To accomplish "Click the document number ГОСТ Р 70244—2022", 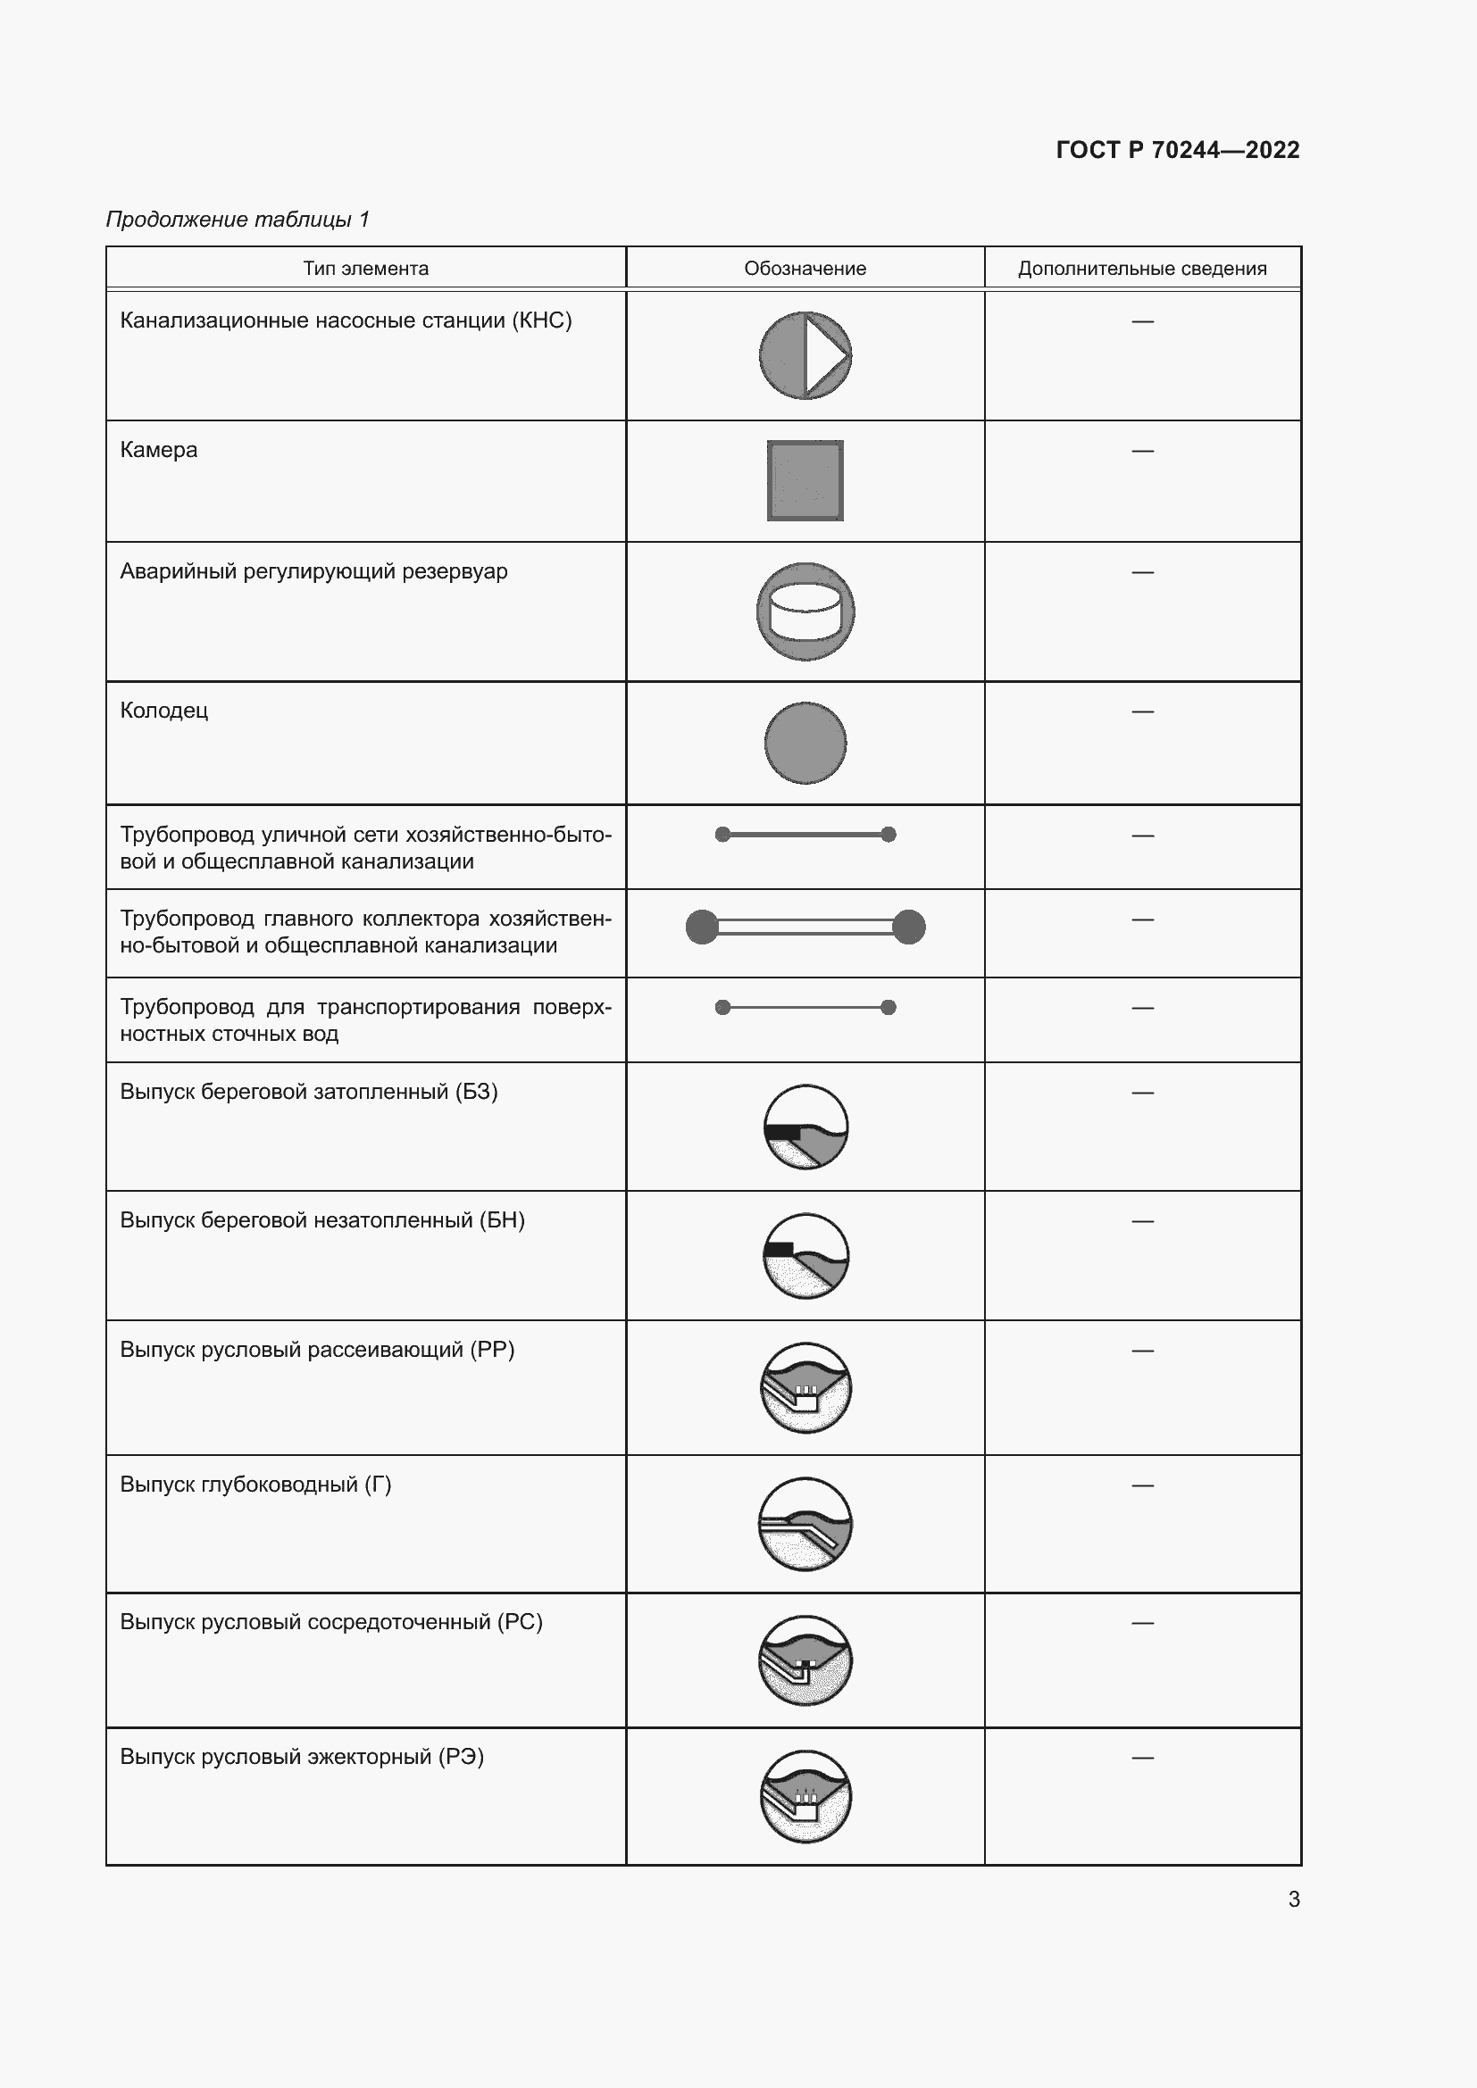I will tap(1177, 150).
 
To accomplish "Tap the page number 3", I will tap(1293, 1899).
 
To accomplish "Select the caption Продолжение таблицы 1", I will tap(238, 220).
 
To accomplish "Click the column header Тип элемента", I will tap(365, 269).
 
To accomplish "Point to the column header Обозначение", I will tap(805, 269).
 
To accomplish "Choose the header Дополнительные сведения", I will tap(1141, 269).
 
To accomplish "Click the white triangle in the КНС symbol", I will tap(823, 354).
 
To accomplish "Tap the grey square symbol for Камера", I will tap(805, 480).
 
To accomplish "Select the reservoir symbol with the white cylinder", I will tap(805, 611).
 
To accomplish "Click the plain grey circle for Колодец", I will tap(805, 743).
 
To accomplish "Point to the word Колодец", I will tap(163, 711).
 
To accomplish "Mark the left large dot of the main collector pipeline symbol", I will tap(701, 927).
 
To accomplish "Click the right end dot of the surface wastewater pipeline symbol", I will tap(889, 1007).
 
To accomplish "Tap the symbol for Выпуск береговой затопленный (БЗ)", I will tap(805, 1127).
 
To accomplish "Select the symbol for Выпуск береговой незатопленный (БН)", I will tap(805, 1256).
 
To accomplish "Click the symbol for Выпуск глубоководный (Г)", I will tap(805, 1524).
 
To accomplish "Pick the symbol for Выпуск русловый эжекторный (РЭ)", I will tap(805, 1796).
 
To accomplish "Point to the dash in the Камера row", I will tap(1142, 451).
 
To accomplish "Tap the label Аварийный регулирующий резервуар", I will tap(313, 571).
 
